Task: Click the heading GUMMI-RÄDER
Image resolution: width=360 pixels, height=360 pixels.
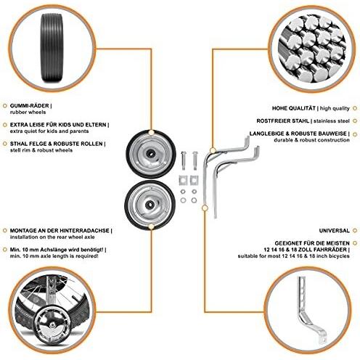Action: [30, 106]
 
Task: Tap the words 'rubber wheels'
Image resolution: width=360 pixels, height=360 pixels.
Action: [28, 112]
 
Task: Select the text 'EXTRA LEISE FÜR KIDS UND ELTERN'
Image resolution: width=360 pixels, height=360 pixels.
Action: [58, 125]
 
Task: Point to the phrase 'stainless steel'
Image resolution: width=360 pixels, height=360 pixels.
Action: [332, 120]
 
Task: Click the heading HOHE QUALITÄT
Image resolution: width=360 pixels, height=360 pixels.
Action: [294, 108]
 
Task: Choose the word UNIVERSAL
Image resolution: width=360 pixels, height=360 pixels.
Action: [335, 231]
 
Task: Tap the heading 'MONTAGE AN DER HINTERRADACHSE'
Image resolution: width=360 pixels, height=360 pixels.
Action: [60, 231]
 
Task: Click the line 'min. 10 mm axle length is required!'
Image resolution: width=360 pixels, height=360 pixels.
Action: [54, 256]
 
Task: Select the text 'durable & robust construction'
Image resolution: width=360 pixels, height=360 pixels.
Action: [311, 140]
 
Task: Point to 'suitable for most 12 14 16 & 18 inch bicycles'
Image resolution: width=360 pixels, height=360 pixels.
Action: [293, 256]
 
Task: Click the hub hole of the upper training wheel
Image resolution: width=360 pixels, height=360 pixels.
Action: [150, 154]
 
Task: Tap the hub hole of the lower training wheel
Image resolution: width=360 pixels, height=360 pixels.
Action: [149, 205]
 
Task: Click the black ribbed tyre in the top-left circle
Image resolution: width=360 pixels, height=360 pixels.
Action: [53, 48]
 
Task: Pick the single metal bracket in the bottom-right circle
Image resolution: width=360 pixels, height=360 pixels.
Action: [312, 310]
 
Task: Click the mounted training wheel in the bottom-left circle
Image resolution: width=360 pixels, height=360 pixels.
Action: [53, 325]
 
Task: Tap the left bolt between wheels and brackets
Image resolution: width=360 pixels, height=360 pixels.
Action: [184, 160]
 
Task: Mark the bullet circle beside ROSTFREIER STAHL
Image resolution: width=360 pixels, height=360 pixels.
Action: [355, 120]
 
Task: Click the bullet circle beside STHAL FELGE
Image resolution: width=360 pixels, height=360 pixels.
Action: [4, 144]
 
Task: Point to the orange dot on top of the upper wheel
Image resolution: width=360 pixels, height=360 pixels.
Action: [151, 132]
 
